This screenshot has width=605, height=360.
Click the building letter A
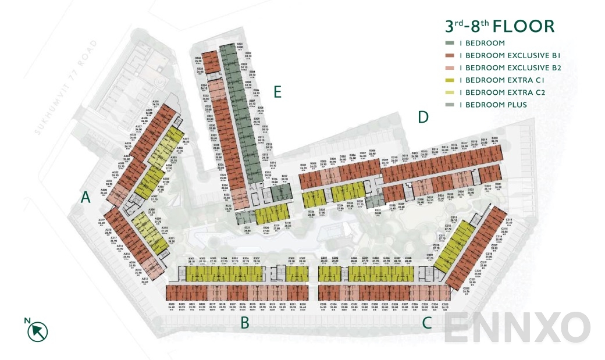(x=86, y=198)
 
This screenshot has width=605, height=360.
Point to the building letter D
(x=423, y=117)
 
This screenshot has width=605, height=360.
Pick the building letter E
(x=277, y=92)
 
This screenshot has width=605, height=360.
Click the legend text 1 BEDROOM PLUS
(x=493, y=105)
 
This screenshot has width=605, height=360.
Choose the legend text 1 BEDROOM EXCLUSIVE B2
(x=510, y=68)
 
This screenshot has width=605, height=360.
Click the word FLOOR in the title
(x=524, y=26)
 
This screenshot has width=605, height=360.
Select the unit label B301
(x=191, y=260)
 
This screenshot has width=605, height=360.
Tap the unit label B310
(x=302, y=260)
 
